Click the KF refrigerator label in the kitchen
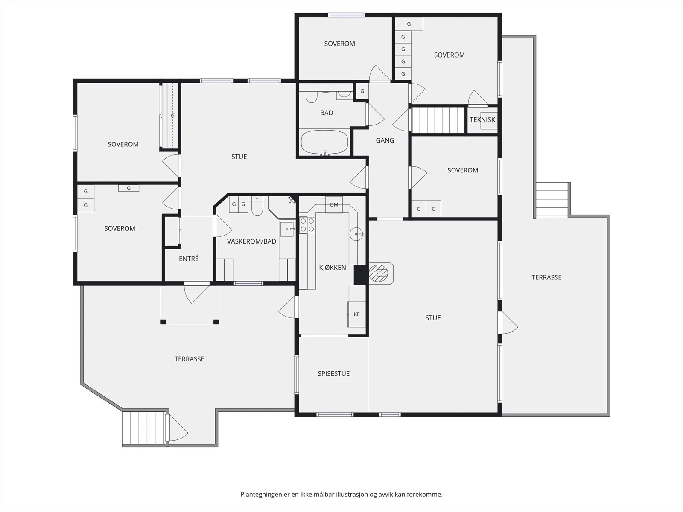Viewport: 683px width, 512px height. (356, 314)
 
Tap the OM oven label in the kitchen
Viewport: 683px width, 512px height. (334, 204)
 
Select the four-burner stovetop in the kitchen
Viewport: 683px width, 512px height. (307, 225)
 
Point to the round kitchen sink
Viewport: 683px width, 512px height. (356, 234)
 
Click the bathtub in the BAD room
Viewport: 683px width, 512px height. (324, 143)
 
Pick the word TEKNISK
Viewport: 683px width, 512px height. (482, 120)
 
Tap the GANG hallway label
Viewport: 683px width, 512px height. (385, 140)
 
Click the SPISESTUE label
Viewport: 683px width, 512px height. (333, 374)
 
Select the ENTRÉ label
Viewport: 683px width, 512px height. (189, 259)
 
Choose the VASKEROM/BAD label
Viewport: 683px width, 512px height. (251, 241)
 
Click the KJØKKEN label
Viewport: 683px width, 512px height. (332, 268)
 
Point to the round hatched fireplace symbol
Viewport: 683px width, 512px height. (378, 273)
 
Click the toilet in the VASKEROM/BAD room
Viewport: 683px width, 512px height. (257, 206)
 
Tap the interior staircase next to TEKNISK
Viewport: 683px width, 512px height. (438, 120)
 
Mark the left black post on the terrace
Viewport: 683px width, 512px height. (163, 322)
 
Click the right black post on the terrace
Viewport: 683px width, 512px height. (216, 322)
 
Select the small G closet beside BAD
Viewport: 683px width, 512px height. (362, 91)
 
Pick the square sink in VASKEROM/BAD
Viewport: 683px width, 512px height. (286, 229)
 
